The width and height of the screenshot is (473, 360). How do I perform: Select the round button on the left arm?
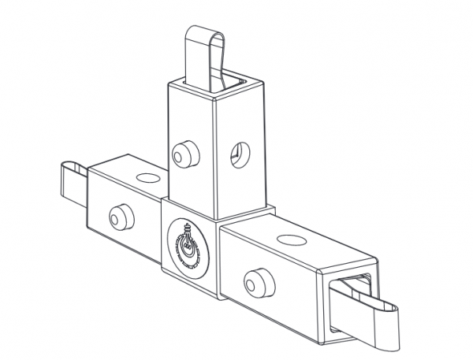click(x=120, y=214)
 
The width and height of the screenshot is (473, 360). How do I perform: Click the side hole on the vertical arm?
click(x=237, y=154)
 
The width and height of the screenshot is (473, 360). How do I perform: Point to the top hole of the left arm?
click(x=146, y=178)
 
